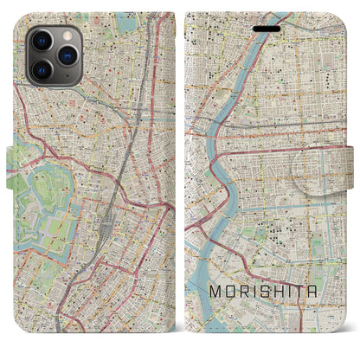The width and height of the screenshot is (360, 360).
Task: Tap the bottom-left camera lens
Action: click(42, 68)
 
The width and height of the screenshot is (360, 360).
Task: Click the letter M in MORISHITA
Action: click(215, 292)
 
